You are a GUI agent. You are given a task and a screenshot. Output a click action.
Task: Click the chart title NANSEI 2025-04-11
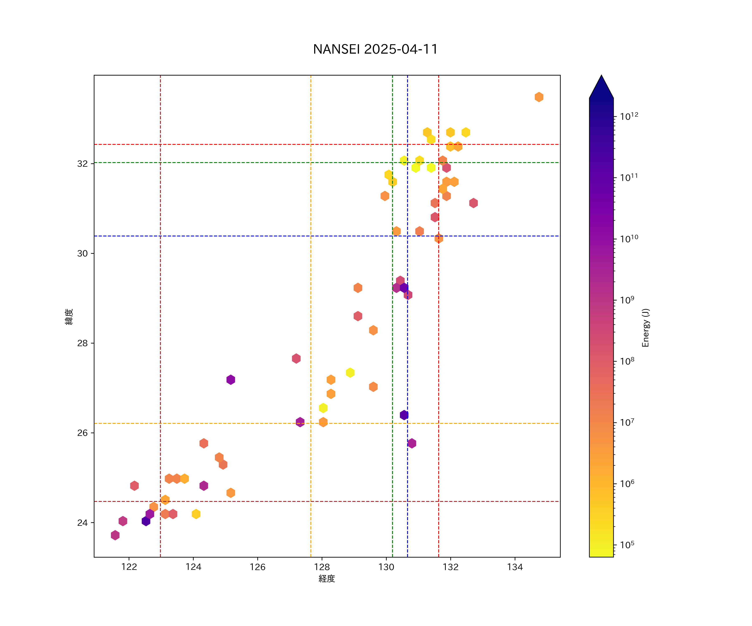(375, 49)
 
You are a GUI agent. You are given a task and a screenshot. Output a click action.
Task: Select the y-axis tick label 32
(82, 164)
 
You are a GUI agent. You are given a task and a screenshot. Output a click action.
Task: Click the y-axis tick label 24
(82, 523)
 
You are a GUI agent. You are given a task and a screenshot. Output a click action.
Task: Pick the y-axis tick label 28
(82, 343)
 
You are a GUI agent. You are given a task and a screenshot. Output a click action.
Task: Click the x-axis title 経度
(326, 579)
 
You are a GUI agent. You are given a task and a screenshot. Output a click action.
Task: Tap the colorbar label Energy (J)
(645, 328)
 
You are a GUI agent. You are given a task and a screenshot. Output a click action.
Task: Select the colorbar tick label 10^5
(627, 545)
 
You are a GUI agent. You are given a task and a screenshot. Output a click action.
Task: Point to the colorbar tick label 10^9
(627, 300)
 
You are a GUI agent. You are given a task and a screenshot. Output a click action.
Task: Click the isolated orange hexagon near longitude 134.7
(539, 97)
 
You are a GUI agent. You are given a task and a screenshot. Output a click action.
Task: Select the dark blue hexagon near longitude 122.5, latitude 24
(146, 521)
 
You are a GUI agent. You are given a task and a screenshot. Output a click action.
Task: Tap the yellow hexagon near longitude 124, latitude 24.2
(196, 514)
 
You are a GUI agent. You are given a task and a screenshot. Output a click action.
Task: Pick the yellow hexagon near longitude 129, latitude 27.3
(350, 372)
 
